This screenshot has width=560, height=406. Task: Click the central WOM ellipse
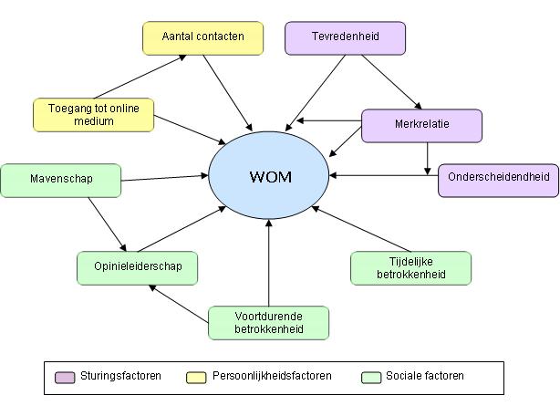(x=270, y=175)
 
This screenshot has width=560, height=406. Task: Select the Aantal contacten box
(x=202, y=38)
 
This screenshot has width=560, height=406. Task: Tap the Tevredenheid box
(x=345, y=38)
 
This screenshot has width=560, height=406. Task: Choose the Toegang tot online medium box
(x=93, y=115)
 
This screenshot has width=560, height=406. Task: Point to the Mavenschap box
(x=60, y=180)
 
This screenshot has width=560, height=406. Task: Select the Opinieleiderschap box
(x=138, y=268)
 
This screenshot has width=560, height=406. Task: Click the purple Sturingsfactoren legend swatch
(x=65, y=377)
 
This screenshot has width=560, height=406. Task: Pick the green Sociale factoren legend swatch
(x=370, y=377)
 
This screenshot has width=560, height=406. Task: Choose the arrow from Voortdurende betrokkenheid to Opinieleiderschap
(x=181, y=304)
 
